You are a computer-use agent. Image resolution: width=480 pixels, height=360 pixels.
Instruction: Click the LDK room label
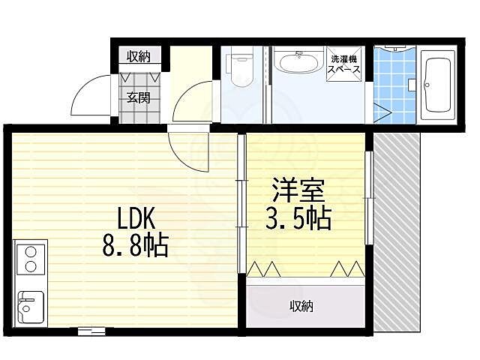point(136,218)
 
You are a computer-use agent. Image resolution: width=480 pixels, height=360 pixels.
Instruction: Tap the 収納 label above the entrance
point(139,56)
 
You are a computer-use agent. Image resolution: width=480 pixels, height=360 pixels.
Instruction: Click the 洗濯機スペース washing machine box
point(344,63)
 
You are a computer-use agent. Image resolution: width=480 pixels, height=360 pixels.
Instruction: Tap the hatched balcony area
point(397,232)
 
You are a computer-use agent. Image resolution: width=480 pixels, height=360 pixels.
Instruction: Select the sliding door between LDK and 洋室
point(241,202)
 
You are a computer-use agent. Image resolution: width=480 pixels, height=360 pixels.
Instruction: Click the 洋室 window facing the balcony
point(368,197)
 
